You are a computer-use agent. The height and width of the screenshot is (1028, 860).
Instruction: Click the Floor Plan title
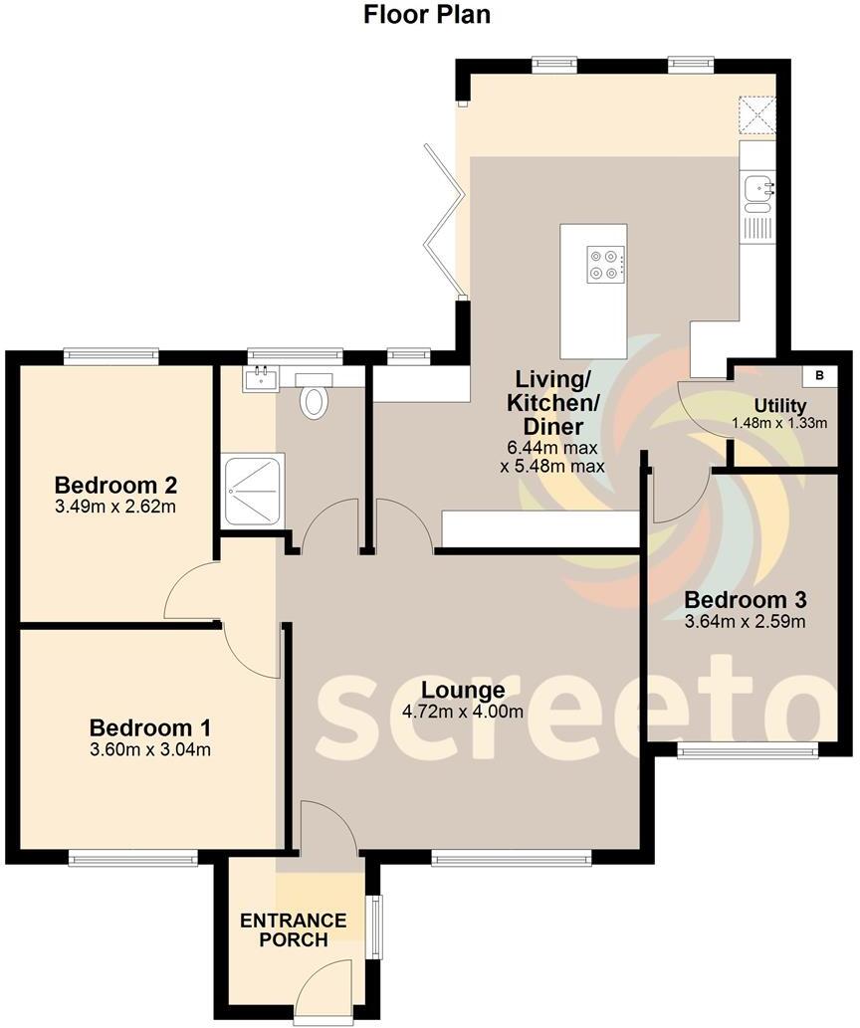[x=427, y=15]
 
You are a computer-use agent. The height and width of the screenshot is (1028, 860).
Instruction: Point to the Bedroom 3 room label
[x=745, y=600]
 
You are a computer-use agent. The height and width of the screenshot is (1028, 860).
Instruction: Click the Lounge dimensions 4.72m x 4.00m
[x=463, y=712]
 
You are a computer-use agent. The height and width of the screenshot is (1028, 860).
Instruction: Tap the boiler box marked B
[x=819, y=376]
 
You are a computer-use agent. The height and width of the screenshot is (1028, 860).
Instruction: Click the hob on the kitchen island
[x=606, y=265]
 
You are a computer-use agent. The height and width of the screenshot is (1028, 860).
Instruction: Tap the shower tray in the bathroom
[x=255, y=491]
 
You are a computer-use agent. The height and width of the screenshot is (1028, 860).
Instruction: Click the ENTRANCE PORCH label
[x=293, y=929]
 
